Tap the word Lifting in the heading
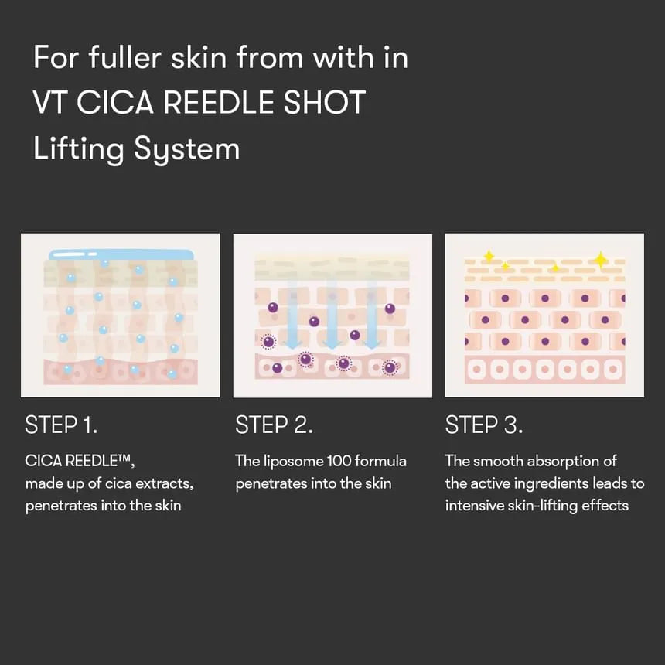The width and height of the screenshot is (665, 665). [79, 149]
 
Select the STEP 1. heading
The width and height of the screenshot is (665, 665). [61, 425]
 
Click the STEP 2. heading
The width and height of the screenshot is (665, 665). [274, 425]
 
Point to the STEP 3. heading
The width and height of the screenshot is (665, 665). [484, 425]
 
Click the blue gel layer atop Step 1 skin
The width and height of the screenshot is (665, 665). [121, 254]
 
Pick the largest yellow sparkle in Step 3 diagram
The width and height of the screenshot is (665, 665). [601, 260]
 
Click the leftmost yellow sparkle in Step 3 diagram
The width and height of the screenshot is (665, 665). [489, 256]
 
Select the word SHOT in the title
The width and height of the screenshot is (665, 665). [325, 102]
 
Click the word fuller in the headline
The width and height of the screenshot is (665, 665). [124, 57]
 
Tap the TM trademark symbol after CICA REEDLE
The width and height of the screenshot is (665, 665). [124, 457]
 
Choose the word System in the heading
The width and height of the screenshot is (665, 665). [187, 149]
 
